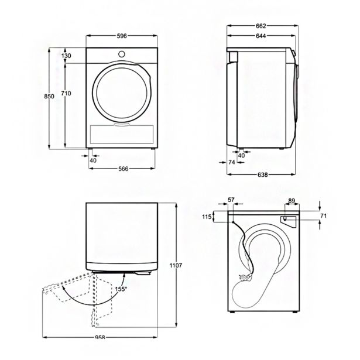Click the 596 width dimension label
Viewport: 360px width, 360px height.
click(x=122, y=36)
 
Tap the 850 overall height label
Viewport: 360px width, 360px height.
click(x=49, y=96)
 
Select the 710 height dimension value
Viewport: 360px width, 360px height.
click(x=66, y=93)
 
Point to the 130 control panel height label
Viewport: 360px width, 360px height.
click(x=66, y=56)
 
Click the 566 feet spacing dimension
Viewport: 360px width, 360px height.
click(x=124, y=169)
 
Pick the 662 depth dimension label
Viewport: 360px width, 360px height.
click(x=261, y=26)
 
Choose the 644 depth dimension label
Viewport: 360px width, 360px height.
click(x=261, y=36)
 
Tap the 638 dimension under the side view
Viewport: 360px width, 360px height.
click(x=262, y=174)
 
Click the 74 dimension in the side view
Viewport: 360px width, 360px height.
click(x=232, y=162)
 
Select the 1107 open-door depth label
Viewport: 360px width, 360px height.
click(x=176, y=265)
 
